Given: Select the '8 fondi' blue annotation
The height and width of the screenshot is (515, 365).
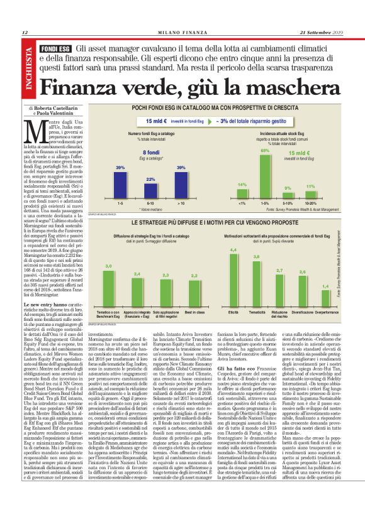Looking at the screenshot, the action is [x=150, y=153].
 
